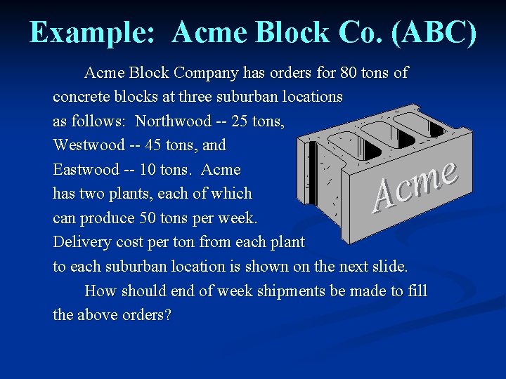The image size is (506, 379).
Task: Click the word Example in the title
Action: [91, 32]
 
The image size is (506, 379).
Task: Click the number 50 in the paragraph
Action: [149, 218]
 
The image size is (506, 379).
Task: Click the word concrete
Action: [81, 96]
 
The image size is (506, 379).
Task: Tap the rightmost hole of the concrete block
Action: [419, 123]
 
